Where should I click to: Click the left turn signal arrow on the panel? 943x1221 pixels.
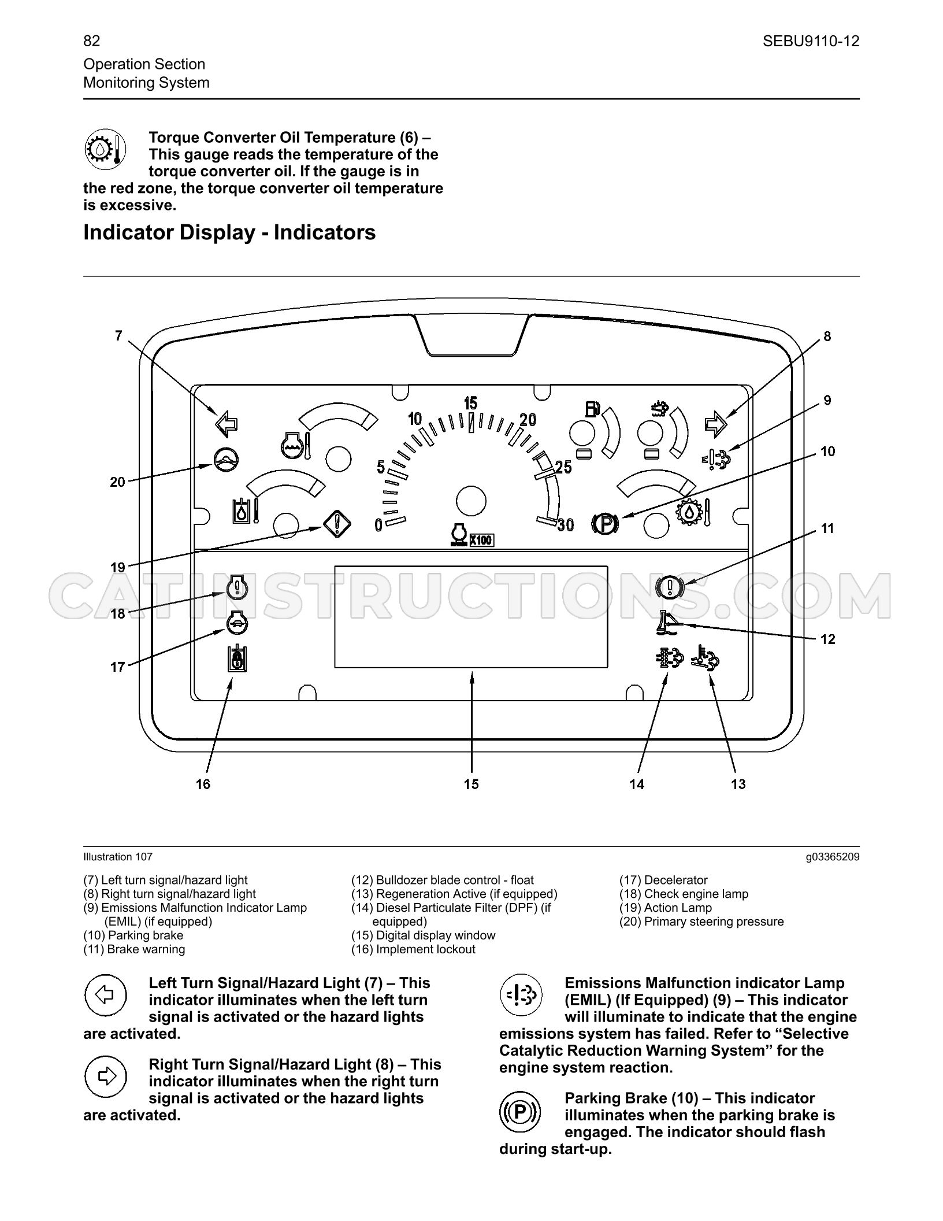point(227,424)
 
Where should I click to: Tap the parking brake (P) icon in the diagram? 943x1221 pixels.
point(605,524)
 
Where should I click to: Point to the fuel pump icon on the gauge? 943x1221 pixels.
point(593,409)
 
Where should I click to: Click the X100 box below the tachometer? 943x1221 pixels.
point(481,540)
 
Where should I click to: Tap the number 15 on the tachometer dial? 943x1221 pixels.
point(470,402)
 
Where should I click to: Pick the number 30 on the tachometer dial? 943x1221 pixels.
point(566,524)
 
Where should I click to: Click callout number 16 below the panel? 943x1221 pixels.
point(203,784)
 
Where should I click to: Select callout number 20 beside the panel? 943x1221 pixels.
point(117,482)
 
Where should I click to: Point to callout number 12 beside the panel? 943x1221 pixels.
point(828,639)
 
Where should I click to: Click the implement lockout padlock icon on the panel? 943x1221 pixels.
point(237,657)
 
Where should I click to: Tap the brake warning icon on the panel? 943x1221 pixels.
point(670,587)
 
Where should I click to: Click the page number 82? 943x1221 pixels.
point(92,40)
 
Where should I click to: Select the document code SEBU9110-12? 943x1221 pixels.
point(811,41)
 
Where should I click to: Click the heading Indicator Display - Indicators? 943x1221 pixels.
point(229,232)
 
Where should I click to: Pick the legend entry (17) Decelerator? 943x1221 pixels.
point(663,880)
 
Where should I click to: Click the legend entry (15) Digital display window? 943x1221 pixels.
point(424,935)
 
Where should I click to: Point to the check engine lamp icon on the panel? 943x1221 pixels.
point(237,587)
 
